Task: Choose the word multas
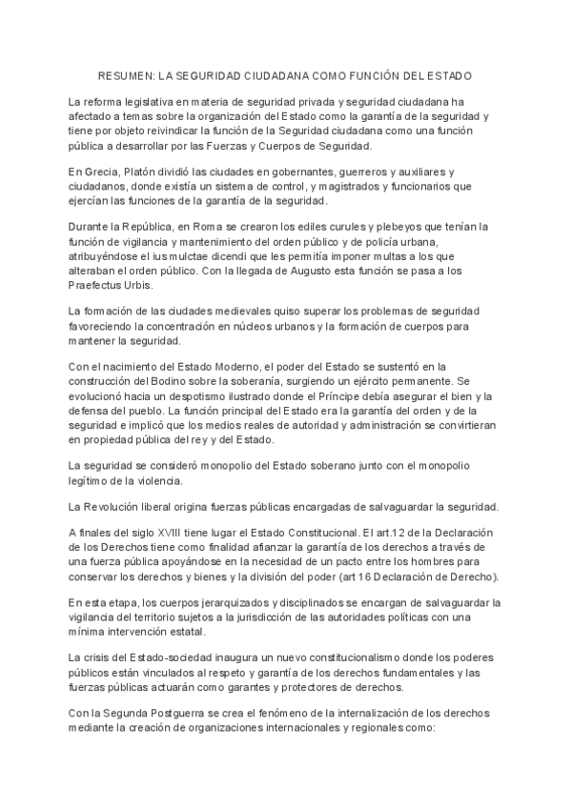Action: pyautogui.click(x=388, y=256)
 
